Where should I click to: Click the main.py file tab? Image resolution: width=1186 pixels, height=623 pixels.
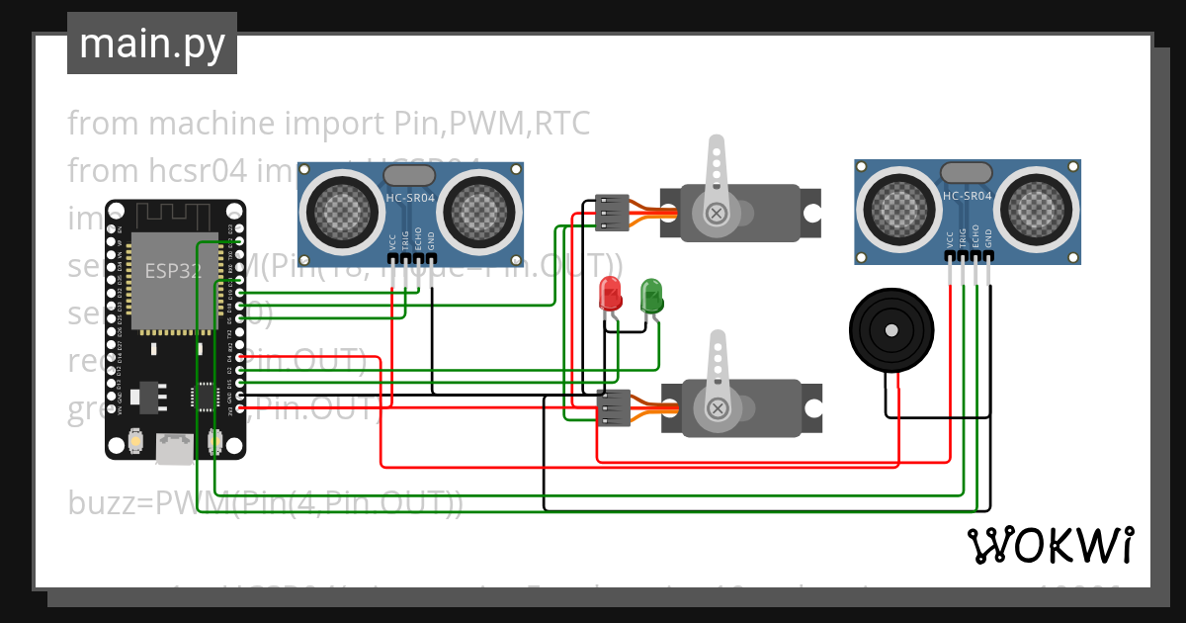(x=152, y=44)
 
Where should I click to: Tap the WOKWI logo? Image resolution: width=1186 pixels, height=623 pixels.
(x=1050, y=545)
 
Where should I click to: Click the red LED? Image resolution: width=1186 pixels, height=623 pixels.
(x=611, y=294)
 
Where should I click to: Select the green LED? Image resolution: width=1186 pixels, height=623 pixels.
(x=651, y=295)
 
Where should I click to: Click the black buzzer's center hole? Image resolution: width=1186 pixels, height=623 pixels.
(x=890, y=330)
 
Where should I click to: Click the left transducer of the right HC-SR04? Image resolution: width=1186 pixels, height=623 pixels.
(x=897, y=208)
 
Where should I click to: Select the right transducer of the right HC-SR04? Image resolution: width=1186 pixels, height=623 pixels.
(x=1038, y=208)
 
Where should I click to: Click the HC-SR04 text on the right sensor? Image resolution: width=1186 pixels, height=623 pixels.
(x=968, y=196)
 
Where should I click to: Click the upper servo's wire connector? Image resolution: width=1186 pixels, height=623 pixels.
(x=612, y=213)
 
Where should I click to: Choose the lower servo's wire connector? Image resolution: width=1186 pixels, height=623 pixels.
(x=614, y=407)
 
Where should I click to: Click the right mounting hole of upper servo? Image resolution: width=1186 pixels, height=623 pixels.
(x=811, y=213)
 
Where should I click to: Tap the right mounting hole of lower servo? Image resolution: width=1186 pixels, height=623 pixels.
(x=811, y=407)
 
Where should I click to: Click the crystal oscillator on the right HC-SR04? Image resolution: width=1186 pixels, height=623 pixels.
(x=966, y=173)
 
